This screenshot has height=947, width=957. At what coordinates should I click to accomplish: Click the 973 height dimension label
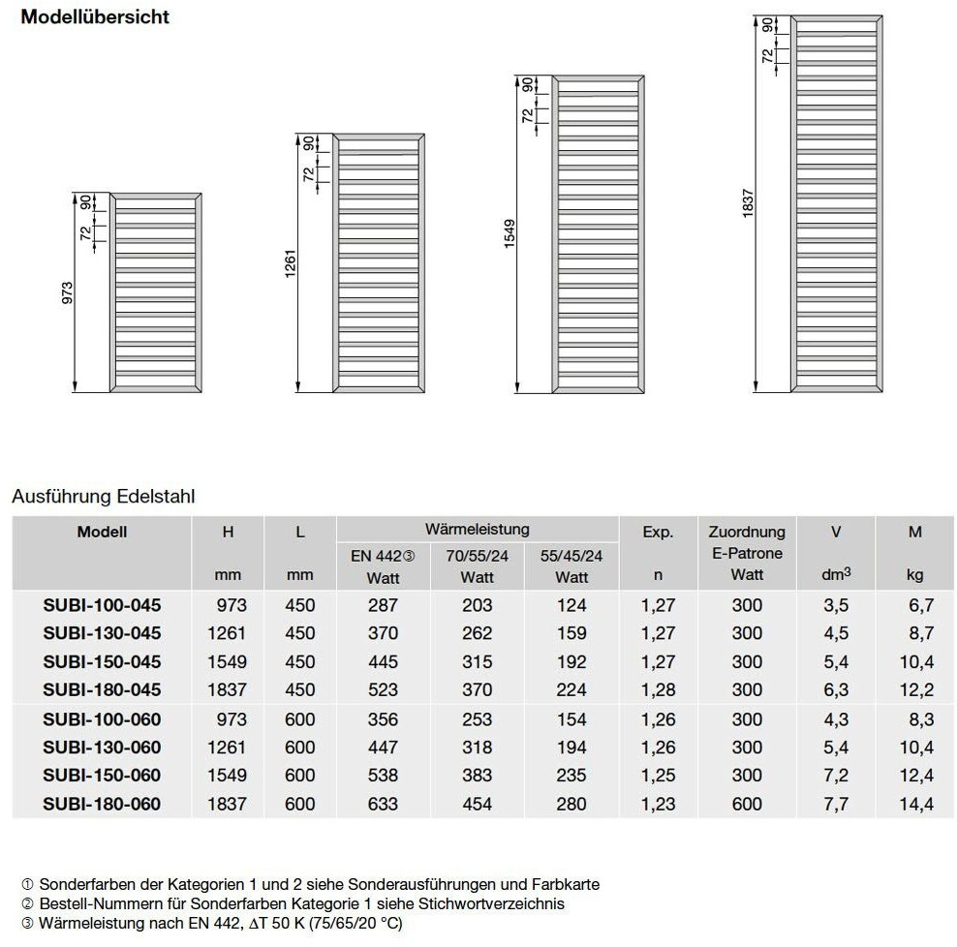click(68, 293)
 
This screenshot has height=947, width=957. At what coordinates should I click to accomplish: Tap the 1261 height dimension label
click(292, 263)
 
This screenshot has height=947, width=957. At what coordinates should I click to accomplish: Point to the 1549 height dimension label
click(509, 234)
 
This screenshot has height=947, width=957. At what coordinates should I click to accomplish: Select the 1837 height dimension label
click(749, 203)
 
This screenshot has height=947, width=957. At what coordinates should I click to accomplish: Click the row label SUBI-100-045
click(102, 605)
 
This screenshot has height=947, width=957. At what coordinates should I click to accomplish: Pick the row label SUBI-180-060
click(102, 804)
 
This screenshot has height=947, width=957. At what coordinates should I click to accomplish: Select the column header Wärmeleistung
click(477, 529)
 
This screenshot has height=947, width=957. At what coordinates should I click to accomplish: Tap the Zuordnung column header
click(747, 532)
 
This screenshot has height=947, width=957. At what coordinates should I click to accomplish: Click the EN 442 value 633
click(383, 804)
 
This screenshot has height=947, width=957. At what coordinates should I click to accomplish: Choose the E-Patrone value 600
click(747, 804)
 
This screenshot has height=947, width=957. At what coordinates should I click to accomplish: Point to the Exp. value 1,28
click(658, 689)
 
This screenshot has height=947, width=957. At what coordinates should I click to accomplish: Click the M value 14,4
click(915, 804)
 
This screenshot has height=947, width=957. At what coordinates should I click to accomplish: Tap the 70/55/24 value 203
click(477, 605)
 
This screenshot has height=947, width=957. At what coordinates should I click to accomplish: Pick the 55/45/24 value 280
click(571, 804)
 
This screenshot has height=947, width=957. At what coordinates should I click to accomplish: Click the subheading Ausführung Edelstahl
click(104, 497)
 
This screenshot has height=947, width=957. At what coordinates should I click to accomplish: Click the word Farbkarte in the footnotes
click(567, 884)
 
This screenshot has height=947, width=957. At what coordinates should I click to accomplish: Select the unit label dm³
click(836, 575)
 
